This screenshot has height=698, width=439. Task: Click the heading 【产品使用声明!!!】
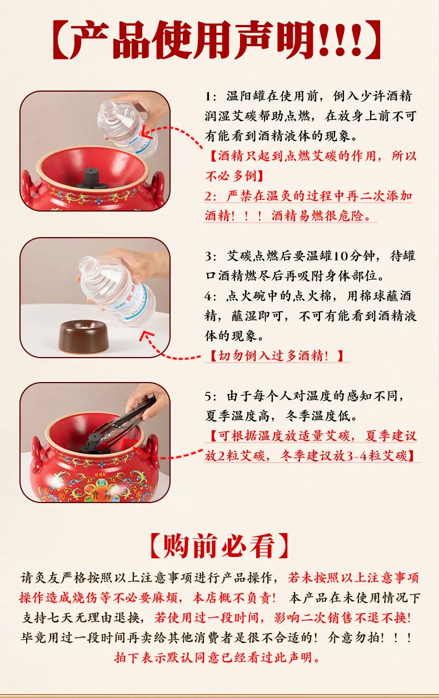217,39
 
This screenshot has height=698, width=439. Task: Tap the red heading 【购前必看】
219,546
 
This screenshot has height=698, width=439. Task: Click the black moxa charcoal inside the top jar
91,180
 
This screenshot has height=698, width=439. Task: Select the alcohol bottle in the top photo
127,128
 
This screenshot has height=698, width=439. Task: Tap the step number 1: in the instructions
211,96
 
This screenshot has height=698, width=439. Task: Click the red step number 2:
211,197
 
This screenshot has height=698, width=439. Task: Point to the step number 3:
211,257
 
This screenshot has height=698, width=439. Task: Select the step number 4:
211,297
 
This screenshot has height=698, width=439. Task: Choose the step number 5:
211,396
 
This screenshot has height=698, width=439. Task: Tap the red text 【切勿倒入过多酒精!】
276,355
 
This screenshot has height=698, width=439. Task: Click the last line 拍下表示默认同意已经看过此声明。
217,657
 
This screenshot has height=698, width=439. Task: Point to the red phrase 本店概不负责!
234,597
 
